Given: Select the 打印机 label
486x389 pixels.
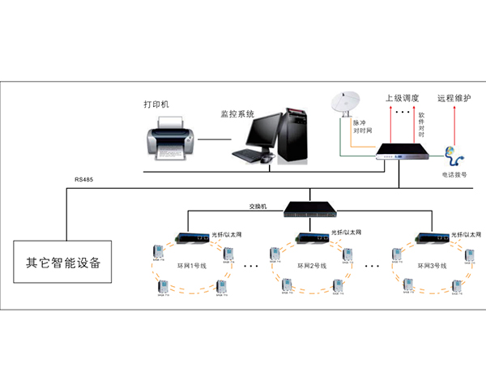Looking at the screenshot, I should click(x=157, y=105).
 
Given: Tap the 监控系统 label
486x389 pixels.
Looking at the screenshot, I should click(x=237, y=114).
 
